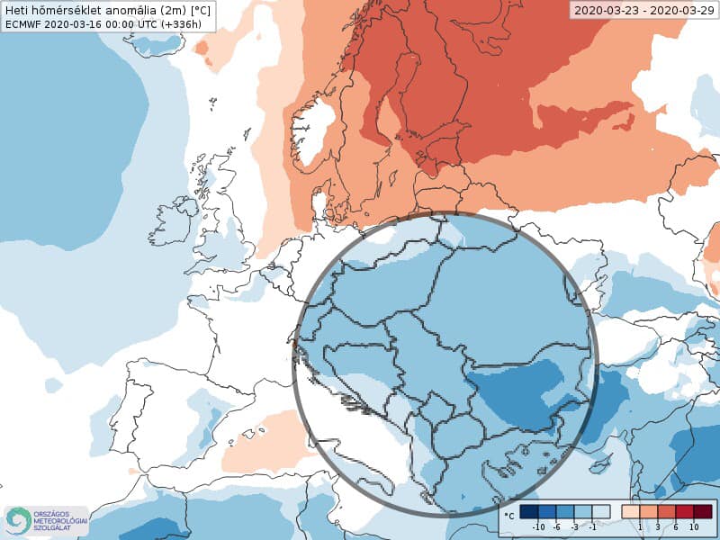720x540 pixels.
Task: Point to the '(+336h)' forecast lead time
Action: pyautogui.click(x=190, y=24)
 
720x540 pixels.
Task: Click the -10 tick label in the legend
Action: pyautogui.click(x=538, y=526)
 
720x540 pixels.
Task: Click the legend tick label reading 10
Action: pyautogui.click(x=694, y=526)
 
